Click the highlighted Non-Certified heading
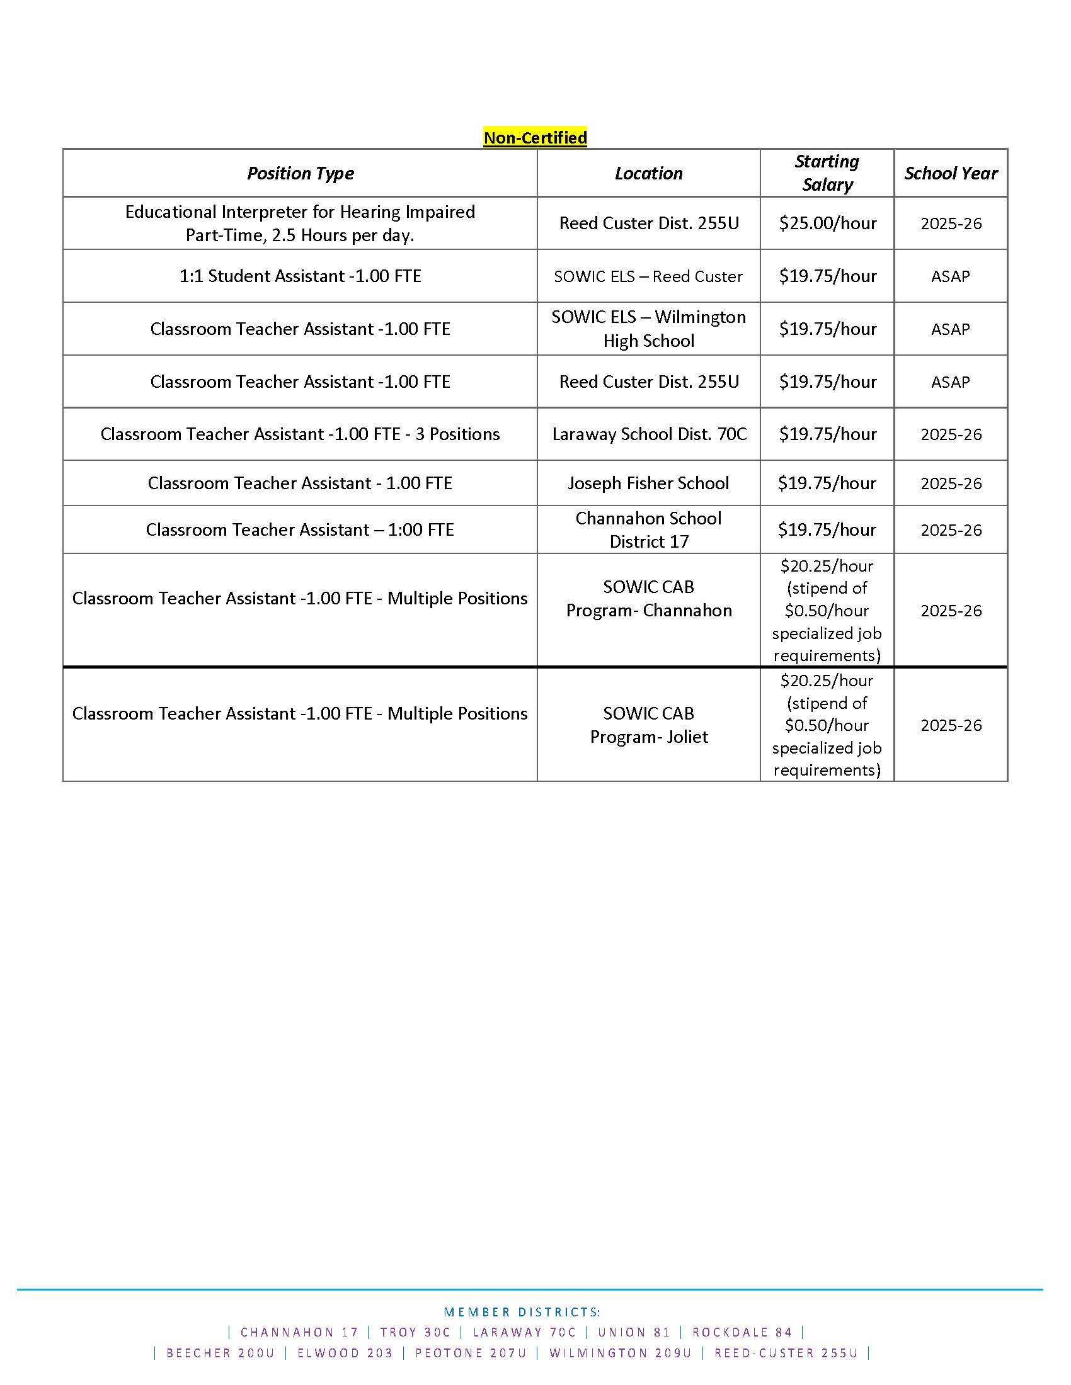535,138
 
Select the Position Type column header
300,173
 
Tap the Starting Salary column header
827,172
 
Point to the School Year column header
951,173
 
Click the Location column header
648,173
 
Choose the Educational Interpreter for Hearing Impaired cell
300,223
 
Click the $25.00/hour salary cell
827,223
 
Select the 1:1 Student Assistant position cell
300,276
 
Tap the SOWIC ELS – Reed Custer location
648,276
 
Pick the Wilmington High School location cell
648,329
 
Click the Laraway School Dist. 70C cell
649,434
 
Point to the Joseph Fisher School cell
648,483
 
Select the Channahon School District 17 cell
648,529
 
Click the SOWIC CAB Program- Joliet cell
648,725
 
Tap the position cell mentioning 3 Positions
300,434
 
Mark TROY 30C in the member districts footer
415,1332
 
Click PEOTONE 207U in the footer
470,1354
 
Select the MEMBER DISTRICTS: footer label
522,1312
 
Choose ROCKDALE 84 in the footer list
742,1332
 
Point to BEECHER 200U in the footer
220,1354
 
